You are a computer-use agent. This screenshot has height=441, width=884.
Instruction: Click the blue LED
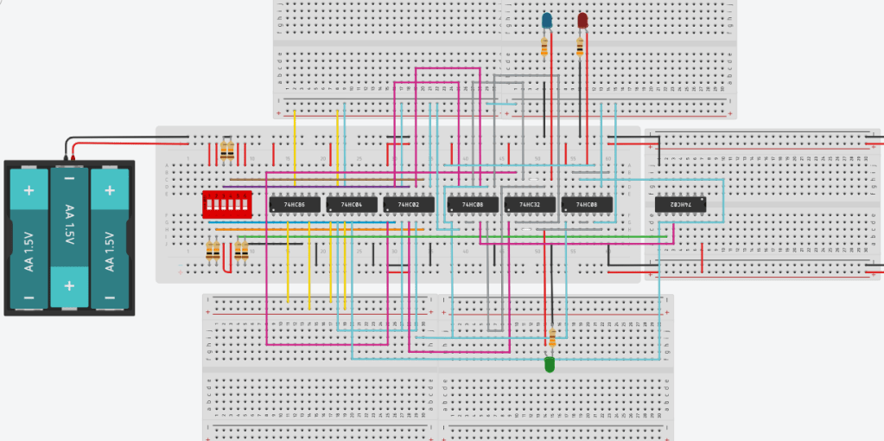tap(546, 20)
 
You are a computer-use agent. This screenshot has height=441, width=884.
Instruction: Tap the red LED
tap(582, 20)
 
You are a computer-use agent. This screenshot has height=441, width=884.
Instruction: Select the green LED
tap(550, 366)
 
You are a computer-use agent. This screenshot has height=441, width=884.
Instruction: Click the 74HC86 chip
tap(295, 205)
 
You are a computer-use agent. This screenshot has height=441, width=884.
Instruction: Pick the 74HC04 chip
tap(353, 205)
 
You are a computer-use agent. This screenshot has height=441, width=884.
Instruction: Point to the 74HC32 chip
tap(530, 205)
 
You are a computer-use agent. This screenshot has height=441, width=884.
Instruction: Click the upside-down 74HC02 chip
tap(680, 205)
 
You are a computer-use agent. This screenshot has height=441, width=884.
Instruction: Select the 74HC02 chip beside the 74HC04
tap(409, 205)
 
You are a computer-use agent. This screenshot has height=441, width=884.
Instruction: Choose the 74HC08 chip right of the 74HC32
tap(587, 205)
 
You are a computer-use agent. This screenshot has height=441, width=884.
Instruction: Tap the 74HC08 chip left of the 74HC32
tap(473, 205)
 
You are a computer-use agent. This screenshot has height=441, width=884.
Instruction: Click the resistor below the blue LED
tap(544, 46)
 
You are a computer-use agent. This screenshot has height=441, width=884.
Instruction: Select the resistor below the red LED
tap(581, 46)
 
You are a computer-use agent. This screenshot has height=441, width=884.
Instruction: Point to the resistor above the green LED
tap(551, 338)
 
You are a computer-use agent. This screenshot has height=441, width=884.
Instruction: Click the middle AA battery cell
tap(68, 235)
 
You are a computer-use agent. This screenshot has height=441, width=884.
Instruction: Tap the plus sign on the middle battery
tap(69, 285)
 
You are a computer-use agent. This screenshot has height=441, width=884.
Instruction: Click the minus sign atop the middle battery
tap(69, 177)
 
